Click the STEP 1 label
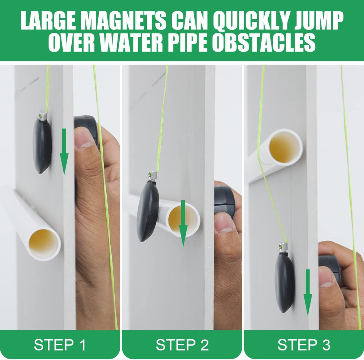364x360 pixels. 60,345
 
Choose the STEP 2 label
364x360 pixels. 182,345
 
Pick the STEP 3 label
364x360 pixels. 304,345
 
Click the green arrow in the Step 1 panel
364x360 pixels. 64,153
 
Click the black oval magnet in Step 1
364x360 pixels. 42,145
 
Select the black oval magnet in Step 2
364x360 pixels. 147,211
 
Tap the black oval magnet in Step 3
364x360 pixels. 285,282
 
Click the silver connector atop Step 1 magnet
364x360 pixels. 43,116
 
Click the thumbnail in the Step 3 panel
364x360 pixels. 326,278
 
